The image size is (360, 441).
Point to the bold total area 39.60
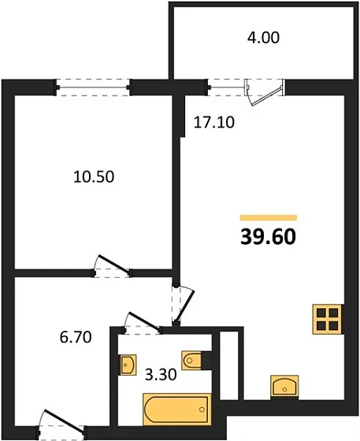(268, 236)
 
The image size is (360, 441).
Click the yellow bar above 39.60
(268, 217)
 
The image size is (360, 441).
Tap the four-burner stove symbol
(326, 318)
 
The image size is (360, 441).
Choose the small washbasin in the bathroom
(128, 365)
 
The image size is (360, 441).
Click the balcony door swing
(260, 91)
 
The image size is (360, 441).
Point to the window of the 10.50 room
(93, 86)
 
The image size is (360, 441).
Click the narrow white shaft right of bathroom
(228, 366)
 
